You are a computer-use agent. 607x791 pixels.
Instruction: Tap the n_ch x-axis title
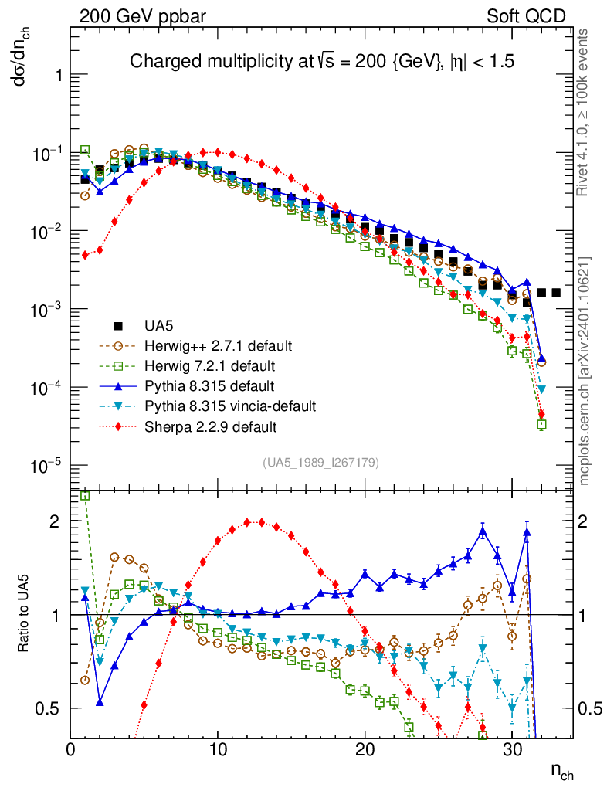click(561, 771)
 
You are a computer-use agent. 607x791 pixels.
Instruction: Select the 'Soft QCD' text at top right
click(526, 15)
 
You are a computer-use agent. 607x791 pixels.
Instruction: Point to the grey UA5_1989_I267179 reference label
click(320, 463)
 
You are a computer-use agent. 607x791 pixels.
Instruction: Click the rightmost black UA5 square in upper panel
click(556, 293)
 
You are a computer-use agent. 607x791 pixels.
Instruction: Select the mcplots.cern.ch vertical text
click(586, 372)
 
